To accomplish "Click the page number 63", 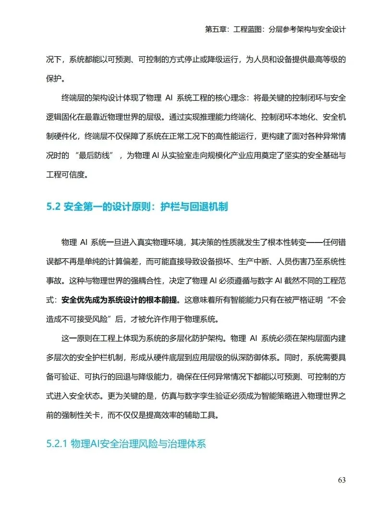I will point(342,480).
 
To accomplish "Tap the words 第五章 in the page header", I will point(215,29).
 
